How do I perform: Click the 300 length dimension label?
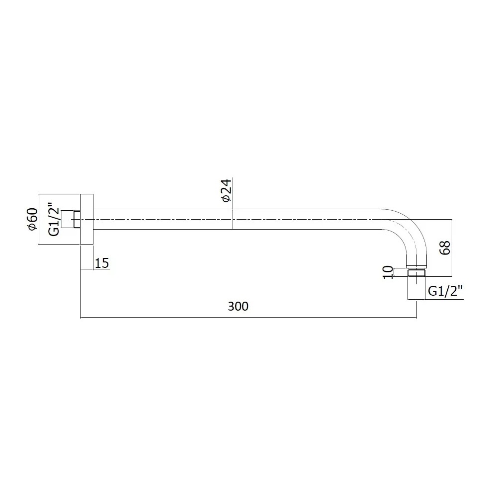(x=238, y=306)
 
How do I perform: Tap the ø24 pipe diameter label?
(x=227, y=190)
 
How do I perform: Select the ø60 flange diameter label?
(x=33, y=219)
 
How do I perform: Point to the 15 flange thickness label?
(x=102, y=263)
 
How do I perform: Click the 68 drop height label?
(x=445, y=248)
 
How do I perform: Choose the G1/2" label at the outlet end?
(x=445, y=291)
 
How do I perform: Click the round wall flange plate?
(x=86, y=219)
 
